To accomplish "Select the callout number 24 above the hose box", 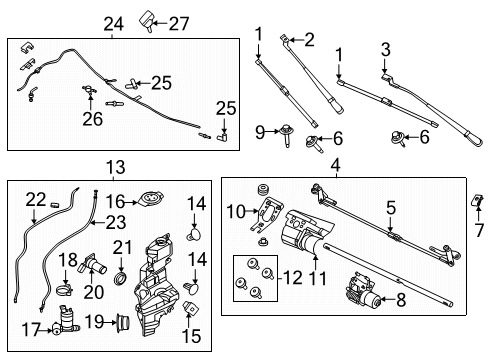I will click(113, 22).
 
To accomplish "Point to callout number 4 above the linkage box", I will click(335, 166).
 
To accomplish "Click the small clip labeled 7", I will click(476, 207).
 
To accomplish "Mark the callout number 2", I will click(309, 41).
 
